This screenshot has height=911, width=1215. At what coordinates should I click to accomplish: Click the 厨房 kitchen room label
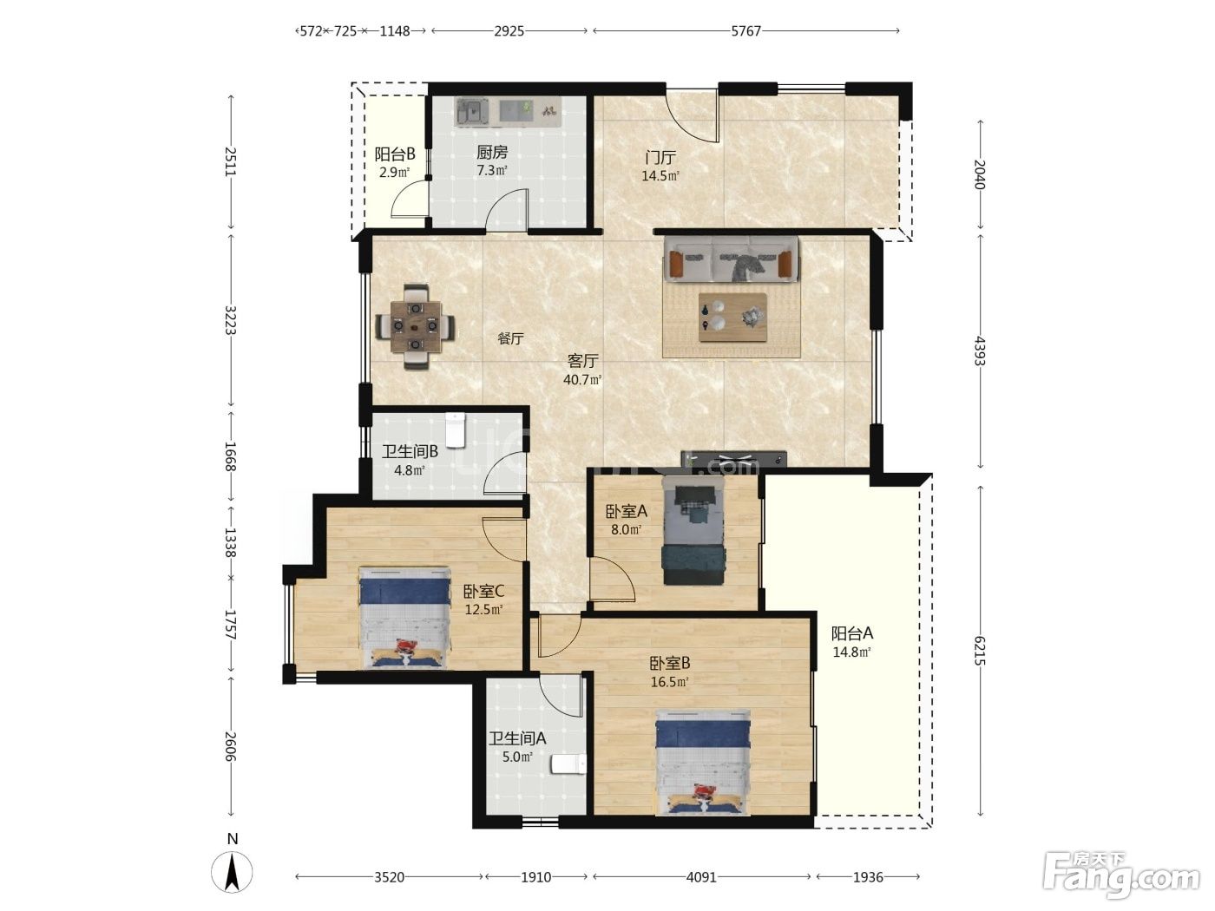[x=491, y=152]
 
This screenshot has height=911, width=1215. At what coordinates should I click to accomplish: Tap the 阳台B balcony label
[x=395, y=154]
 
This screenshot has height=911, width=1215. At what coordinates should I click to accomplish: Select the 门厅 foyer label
[x=660, y=158]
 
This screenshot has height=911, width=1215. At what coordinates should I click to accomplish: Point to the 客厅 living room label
[x=582, y=361]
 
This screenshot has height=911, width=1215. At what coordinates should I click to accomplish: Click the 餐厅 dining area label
[x=510, y=338]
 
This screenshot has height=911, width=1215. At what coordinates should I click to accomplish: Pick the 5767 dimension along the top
[x=746, y=31]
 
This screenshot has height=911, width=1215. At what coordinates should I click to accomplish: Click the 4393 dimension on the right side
[x=980, y=351]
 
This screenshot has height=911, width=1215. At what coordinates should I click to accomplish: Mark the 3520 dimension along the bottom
[x=389, y=877]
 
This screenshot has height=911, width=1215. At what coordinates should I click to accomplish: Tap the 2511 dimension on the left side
[x=231, y=161]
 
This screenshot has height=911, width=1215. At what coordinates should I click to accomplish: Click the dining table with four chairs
[x=415, y=327]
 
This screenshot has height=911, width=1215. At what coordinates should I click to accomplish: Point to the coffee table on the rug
[x=732, y=318]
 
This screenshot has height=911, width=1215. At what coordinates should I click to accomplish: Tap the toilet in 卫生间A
[x=568, y=764]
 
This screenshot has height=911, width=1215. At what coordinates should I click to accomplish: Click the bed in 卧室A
[x=693, y=530]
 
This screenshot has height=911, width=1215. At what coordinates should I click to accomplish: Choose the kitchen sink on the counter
[x=472, y=112]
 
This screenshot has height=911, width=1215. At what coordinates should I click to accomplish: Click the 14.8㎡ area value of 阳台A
[x=852, y=652]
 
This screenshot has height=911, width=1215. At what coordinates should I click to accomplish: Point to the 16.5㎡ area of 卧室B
[x=669, y=682]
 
